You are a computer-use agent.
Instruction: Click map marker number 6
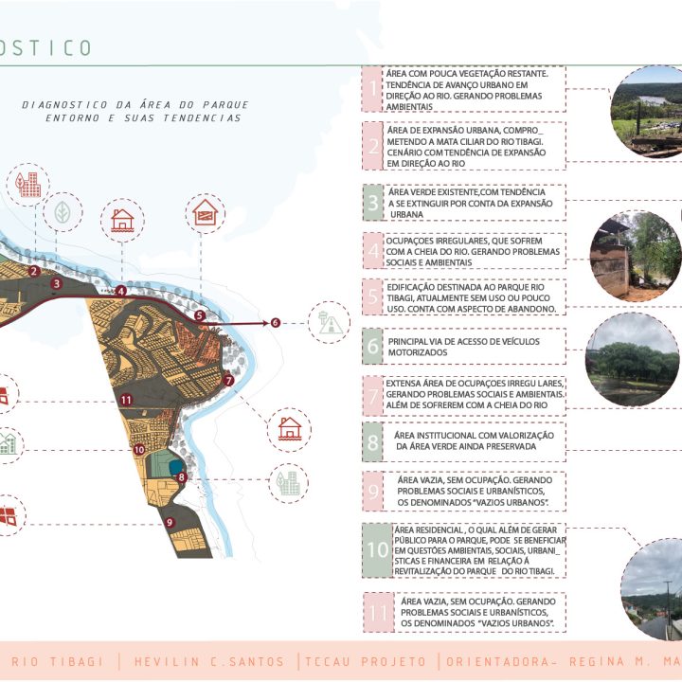276,323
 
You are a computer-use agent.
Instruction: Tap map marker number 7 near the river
229,380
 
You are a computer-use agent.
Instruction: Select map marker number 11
126,401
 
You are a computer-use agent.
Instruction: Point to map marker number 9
169,522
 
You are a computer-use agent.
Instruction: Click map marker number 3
57,282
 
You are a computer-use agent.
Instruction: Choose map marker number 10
138,450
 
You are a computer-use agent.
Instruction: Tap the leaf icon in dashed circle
62,213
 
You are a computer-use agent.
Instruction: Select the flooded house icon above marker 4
122,221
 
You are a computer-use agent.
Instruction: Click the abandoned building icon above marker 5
205,213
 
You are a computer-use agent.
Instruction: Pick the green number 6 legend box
373,346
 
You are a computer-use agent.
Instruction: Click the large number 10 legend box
378,549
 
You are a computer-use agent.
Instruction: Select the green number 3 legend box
373,203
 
